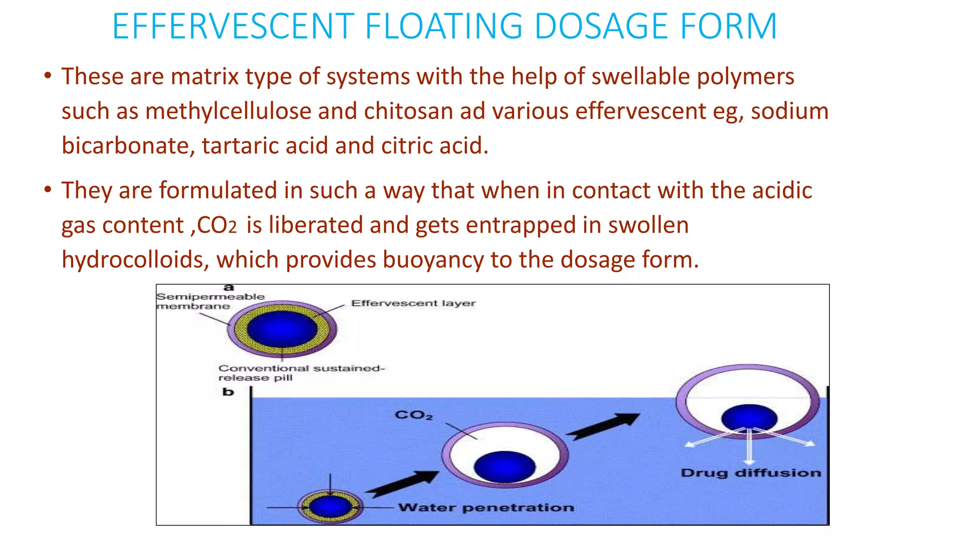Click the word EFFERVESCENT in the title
[x=233, y=26]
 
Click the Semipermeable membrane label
[x=210, y=301]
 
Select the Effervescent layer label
[x=413, y=303]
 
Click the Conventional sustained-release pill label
[x=301, y=373]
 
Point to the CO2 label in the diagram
[x=414, y=415]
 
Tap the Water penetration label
[x=486, y=508]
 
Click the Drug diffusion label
[x=750, y=473]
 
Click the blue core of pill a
[x=282, y=328]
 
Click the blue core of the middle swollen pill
[x=504, y=466]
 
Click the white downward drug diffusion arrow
[x=749, y=447]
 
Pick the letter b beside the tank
[x=228, y=392]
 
